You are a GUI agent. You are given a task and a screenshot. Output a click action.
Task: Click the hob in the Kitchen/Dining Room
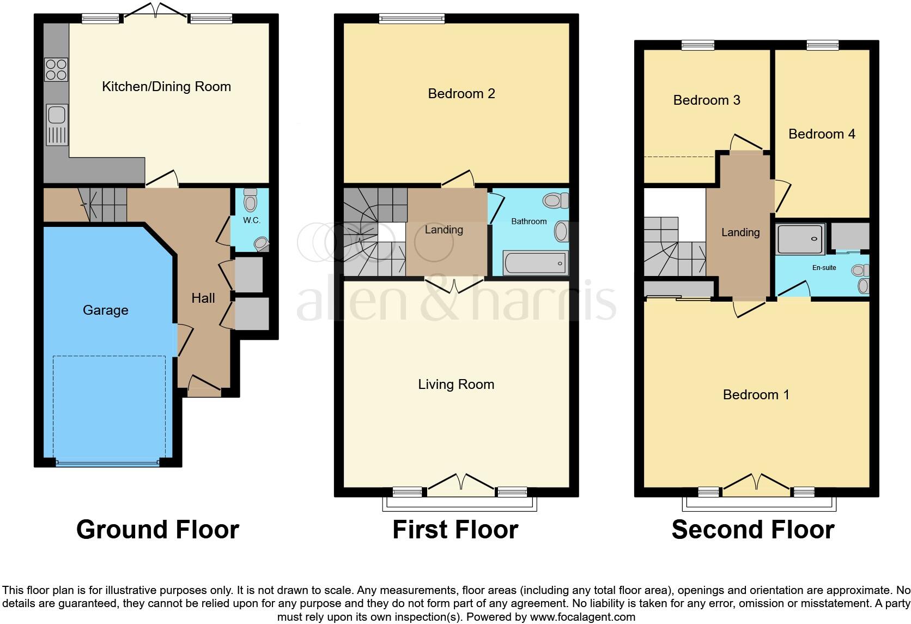coord(56,69)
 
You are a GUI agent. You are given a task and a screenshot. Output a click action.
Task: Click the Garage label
coord(106,310)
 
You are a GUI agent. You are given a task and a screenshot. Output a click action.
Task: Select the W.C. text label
coord(252,220)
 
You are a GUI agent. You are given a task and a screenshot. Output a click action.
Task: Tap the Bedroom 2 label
coord(461,94)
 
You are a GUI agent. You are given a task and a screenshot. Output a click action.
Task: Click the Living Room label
coord(456,385)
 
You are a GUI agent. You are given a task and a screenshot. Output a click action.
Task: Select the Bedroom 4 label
coord(822,134)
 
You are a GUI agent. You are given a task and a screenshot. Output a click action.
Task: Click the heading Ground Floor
coord(157,530)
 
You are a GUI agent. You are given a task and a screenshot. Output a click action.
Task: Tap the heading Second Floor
coord(752,530)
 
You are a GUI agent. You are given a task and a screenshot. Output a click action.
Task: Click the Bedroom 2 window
coord(412,19)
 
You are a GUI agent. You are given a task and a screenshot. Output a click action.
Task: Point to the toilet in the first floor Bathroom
coord(555,201)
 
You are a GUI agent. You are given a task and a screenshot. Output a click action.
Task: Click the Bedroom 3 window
coord(697,45)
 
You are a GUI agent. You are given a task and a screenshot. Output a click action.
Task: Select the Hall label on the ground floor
coord(203,298)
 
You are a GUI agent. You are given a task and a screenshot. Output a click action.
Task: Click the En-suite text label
coord(824,268)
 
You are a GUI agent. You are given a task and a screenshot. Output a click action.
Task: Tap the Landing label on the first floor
coord(444,230)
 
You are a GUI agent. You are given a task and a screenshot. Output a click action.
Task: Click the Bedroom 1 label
coord(756,395)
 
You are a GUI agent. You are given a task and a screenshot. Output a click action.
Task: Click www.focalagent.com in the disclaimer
coord(582,617)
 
